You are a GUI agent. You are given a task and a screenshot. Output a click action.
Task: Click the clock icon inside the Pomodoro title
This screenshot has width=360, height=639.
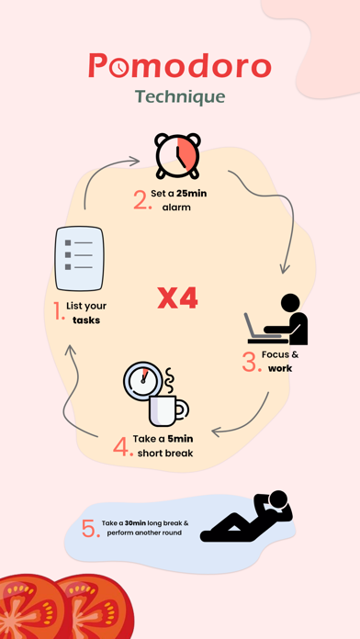click(119, 67)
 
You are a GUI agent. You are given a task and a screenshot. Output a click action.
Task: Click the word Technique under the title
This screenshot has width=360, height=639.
click(180, 97)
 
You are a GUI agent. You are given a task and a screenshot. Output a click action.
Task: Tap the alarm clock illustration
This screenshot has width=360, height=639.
click(177, 155)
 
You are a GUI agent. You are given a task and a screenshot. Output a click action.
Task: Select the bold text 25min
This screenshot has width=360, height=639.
click(192, 194)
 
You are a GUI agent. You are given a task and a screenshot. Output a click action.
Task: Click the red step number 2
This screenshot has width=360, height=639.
click(141, 200)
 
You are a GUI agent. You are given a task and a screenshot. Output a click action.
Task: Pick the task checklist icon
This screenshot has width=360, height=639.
click(80, 258)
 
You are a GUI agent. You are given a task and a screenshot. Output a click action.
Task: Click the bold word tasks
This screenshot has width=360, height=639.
click(86, 320)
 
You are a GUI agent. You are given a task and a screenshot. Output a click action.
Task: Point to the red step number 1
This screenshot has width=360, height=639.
click(59, 311)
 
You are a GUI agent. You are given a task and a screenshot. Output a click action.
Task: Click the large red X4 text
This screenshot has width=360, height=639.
click(178, 298)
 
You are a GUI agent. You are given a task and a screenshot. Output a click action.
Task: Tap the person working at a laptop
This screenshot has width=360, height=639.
click(276, 319)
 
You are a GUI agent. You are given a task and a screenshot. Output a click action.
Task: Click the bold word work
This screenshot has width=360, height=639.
click(280, 368)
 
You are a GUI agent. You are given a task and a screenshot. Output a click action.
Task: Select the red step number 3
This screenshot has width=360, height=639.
click(252, 362)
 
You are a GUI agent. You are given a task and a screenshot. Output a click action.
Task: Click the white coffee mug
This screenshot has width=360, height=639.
click(166, 410)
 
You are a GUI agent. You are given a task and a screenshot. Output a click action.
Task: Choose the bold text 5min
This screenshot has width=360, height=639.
click(180, 439)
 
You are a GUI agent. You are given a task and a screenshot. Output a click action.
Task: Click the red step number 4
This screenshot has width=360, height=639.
click(123, 446)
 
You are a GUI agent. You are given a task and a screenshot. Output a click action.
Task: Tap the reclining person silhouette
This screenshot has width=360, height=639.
click(247, 516)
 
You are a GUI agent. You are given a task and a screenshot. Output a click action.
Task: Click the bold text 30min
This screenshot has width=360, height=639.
click(135, 522)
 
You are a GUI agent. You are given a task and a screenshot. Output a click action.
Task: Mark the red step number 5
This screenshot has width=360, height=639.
click(91, 529)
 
